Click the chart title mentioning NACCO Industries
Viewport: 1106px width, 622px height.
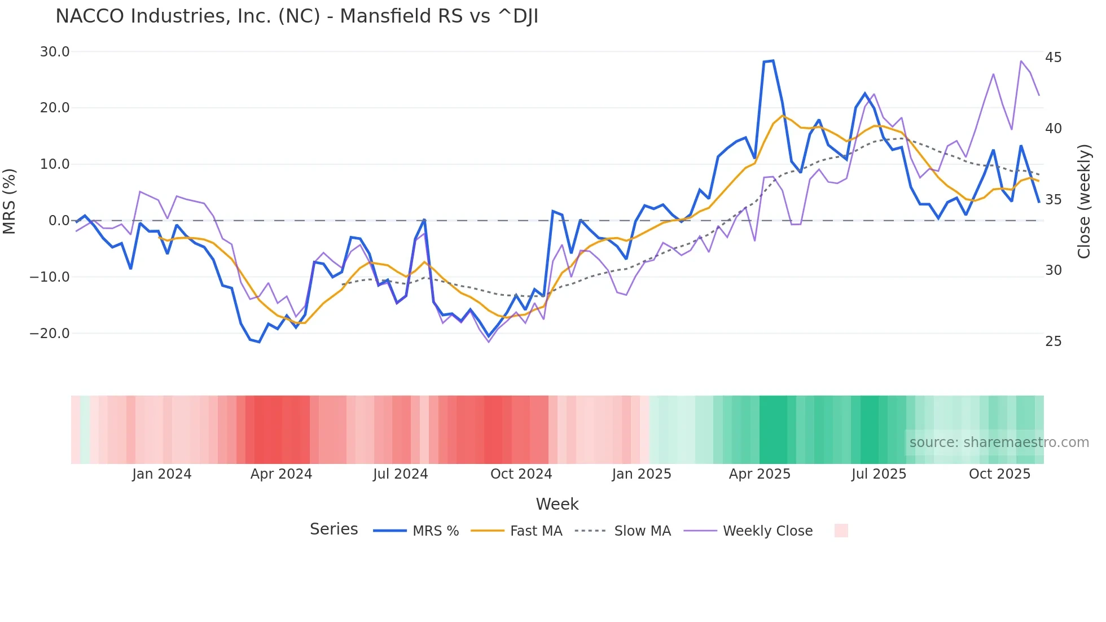pos(297,16)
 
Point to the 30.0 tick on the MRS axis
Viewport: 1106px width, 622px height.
pos(55,52)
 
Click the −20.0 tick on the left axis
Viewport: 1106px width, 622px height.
pos(50,334)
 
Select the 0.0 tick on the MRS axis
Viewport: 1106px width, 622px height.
pos(59,221)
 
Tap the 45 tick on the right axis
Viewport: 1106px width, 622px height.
pos(1053,58)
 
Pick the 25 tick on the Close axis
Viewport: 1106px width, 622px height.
pos(1053,341)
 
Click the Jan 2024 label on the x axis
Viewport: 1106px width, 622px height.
pos(162,474)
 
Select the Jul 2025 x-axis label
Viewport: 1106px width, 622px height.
pos(879,474)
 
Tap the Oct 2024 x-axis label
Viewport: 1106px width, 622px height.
pos(521,474)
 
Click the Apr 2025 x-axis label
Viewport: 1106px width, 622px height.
pos(760,474)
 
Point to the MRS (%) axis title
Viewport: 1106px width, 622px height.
pos(10,201)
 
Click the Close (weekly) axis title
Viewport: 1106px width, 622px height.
pos(1084,202)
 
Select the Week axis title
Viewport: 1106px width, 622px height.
pos(557,504)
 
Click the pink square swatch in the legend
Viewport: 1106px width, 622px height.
pos(841,531)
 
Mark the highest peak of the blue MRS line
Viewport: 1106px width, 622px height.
pos(773,61)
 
